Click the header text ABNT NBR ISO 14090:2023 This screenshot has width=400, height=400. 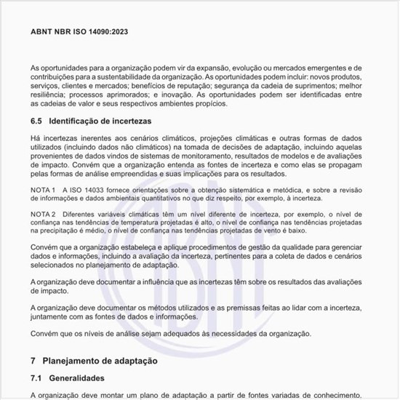click(80, 32)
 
